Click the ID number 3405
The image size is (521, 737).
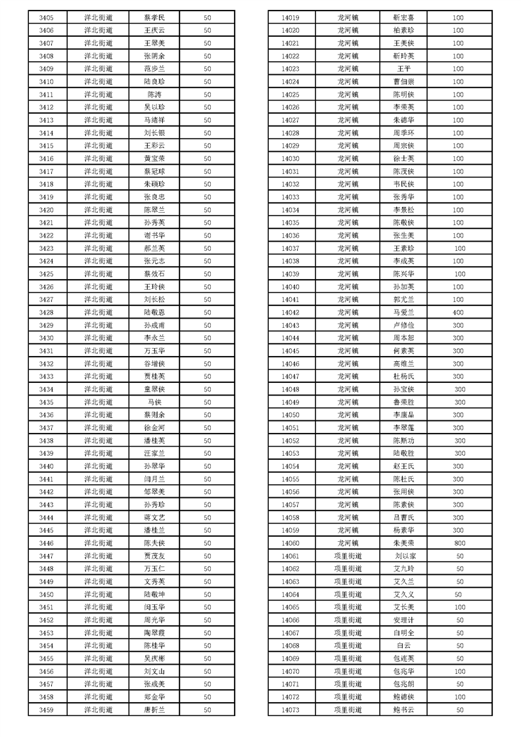coord(46,17)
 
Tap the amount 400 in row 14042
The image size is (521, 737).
coord(458,313)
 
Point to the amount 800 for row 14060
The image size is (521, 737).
coord(459,543)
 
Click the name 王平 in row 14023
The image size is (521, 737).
coord(403,69)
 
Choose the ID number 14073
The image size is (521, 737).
coord(290,710)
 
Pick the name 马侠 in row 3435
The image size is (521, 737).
coord(154,402)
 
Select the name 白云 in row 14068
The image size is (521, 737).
coord(403,646)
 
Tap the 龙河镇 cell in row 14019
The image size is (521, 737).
coord(348,18)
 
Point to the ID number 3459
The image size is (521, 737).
coord(46,710)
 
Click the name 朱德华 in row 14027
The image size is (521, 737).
coord(403,120)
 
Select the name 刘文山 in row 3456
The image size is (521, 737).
coord(154,671)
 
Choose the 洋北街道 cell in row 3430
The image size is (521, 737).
coord(99,338)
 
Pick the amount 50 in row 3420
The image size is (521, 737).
coord(207,210)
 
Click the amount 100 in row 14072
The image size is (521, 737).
coord(459,697)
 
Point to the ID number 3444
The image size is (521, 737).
coord(46,518)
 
